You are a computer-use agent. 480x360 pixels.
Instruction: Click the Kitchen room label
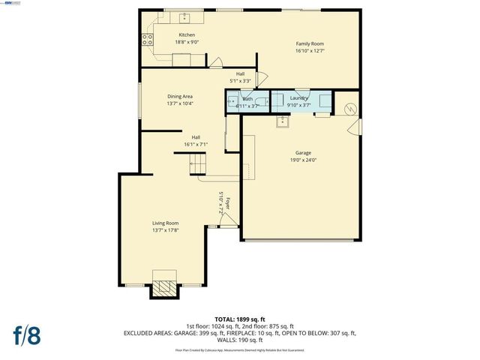pos(187,35)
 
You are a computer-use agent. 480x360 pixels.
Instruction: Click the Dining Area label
pos(180,96)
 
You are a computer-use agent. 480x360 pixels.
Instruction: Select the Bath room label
pos(247,99)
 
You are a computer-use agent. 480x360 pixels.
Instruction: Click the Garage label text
pos(303,153)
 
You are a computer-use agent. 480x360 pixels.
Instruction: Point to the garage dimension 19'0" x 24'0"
pos(303,160)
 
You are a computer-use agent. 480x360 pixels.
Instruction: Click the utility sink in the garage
pos(283,121)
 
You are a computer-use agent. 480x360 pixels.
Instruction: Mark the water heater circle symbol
pos(349,109)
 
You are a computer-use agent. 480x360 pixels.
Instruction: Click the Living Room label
pos(165,223)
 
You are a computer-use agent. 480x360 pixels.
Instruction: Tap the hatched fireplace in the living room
pos(165,286)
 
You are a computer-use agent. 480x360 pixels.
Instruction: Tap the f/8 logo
pos(26,335)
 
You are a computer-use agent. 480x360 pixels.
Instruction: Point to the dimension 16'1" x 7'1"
pos(196,144)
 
